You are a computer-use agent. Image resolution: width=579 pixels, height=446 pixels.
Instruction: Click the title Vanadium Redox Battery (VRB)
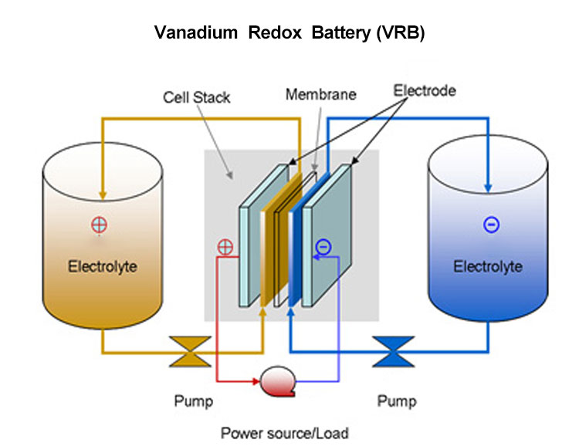click(289, 33)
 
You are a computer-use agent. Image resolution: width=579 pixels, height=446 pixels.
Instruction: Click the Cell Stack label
click(196, 98)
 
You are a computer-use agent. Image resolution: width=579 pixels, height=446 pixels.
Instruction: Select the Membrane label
click(320, 95)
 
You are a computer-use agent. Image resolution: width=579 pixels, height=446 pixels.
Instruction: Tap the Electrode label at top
click(425, 91)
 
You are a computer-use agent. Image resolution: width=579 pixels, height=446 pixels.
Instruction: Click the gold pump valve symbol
click(188, 350)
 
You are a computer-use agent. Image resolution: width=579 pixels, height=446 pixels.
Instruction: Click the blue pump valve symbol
click(393, 350)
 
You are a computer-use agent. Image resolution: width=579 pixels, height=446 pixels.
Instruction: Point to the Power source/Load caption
click(289, 433)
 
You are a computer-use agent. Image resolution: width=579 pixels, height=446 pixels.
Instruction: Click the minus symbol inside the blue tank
click(490, 225)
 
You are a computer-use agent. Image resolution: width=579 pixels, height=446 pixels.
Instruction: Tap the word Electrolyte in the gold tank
click(103, 267)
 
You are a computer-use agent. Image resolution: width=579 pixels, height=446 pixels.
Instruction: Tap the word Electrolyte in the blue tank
click(487, 267)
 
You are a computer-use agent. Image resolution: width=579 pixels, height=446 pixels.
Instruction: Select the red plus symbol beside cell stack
click(225, 248)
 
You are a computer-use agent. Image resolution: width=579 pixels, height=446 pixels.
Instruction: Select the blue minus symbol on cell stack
click(323, 247)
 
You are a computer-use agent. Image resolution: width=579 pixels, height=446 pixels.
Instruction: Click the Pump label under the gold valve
click(194, 401)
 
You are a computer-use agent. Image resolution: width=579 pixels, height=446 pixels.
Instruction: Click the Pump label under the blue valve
click(396, 401)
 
